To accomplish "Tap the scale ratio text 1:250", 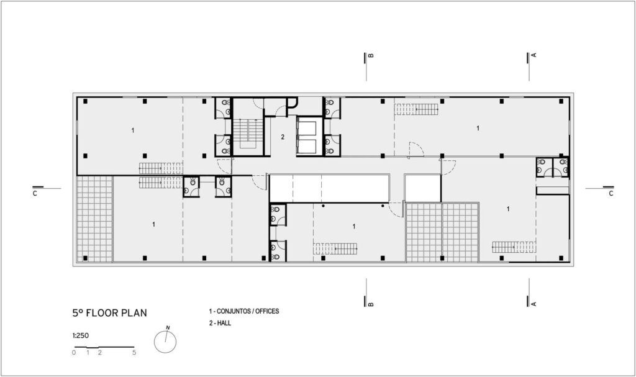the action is coord(81,335).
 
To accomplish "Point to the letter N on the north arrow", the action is coord(168,327).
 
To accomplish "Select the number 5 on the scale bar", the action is coord(134,353).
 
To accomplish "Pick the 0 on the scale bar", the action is coord(74,353).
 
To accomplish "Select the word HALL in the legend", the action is coord(224,323).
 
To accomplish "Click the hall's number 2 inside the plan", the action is coord(283,137).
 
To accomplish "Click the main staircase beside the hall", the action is coord(248,134).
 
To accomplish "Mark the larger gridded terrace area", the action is coord(442,232).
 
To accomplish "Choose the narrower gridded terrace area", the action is coord(94,219).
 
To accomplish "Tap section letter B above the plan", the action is coord(371,55).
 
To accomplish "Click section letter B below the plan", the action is coord(371,304).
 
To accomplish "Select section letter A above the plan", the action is coord(534,55).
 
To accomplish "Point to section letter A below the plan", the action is coord(534,304).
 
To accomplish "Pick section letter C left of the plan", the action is coord(35,194).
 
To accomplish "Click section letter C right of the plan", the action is coord(611,194).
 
